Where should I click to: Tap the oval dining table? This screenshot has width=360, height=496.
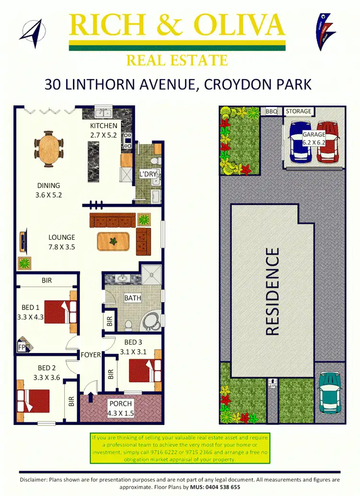(48, 147)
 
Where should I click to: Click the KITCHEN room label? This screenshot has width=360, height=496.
(103, 126)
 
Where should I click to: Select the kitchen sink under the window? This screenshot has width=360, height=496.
(102, 113)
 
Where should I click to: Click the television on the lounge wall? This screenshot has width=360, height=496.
(23, 241)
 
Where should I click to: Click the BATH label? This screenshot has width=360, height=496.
(132, 298)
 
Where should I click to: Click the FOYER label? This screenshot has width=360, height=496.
(90, 355)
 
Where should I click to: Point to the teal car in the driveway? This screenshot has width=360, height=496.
(330, 391)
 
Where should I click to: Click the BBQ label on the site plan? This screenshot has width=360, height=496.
(272, 111)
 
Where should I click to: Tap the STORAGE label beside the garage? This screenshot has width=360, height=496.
(298, 111)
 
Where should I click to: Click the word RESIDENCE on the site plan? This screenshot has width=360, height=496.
(272, 291)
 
